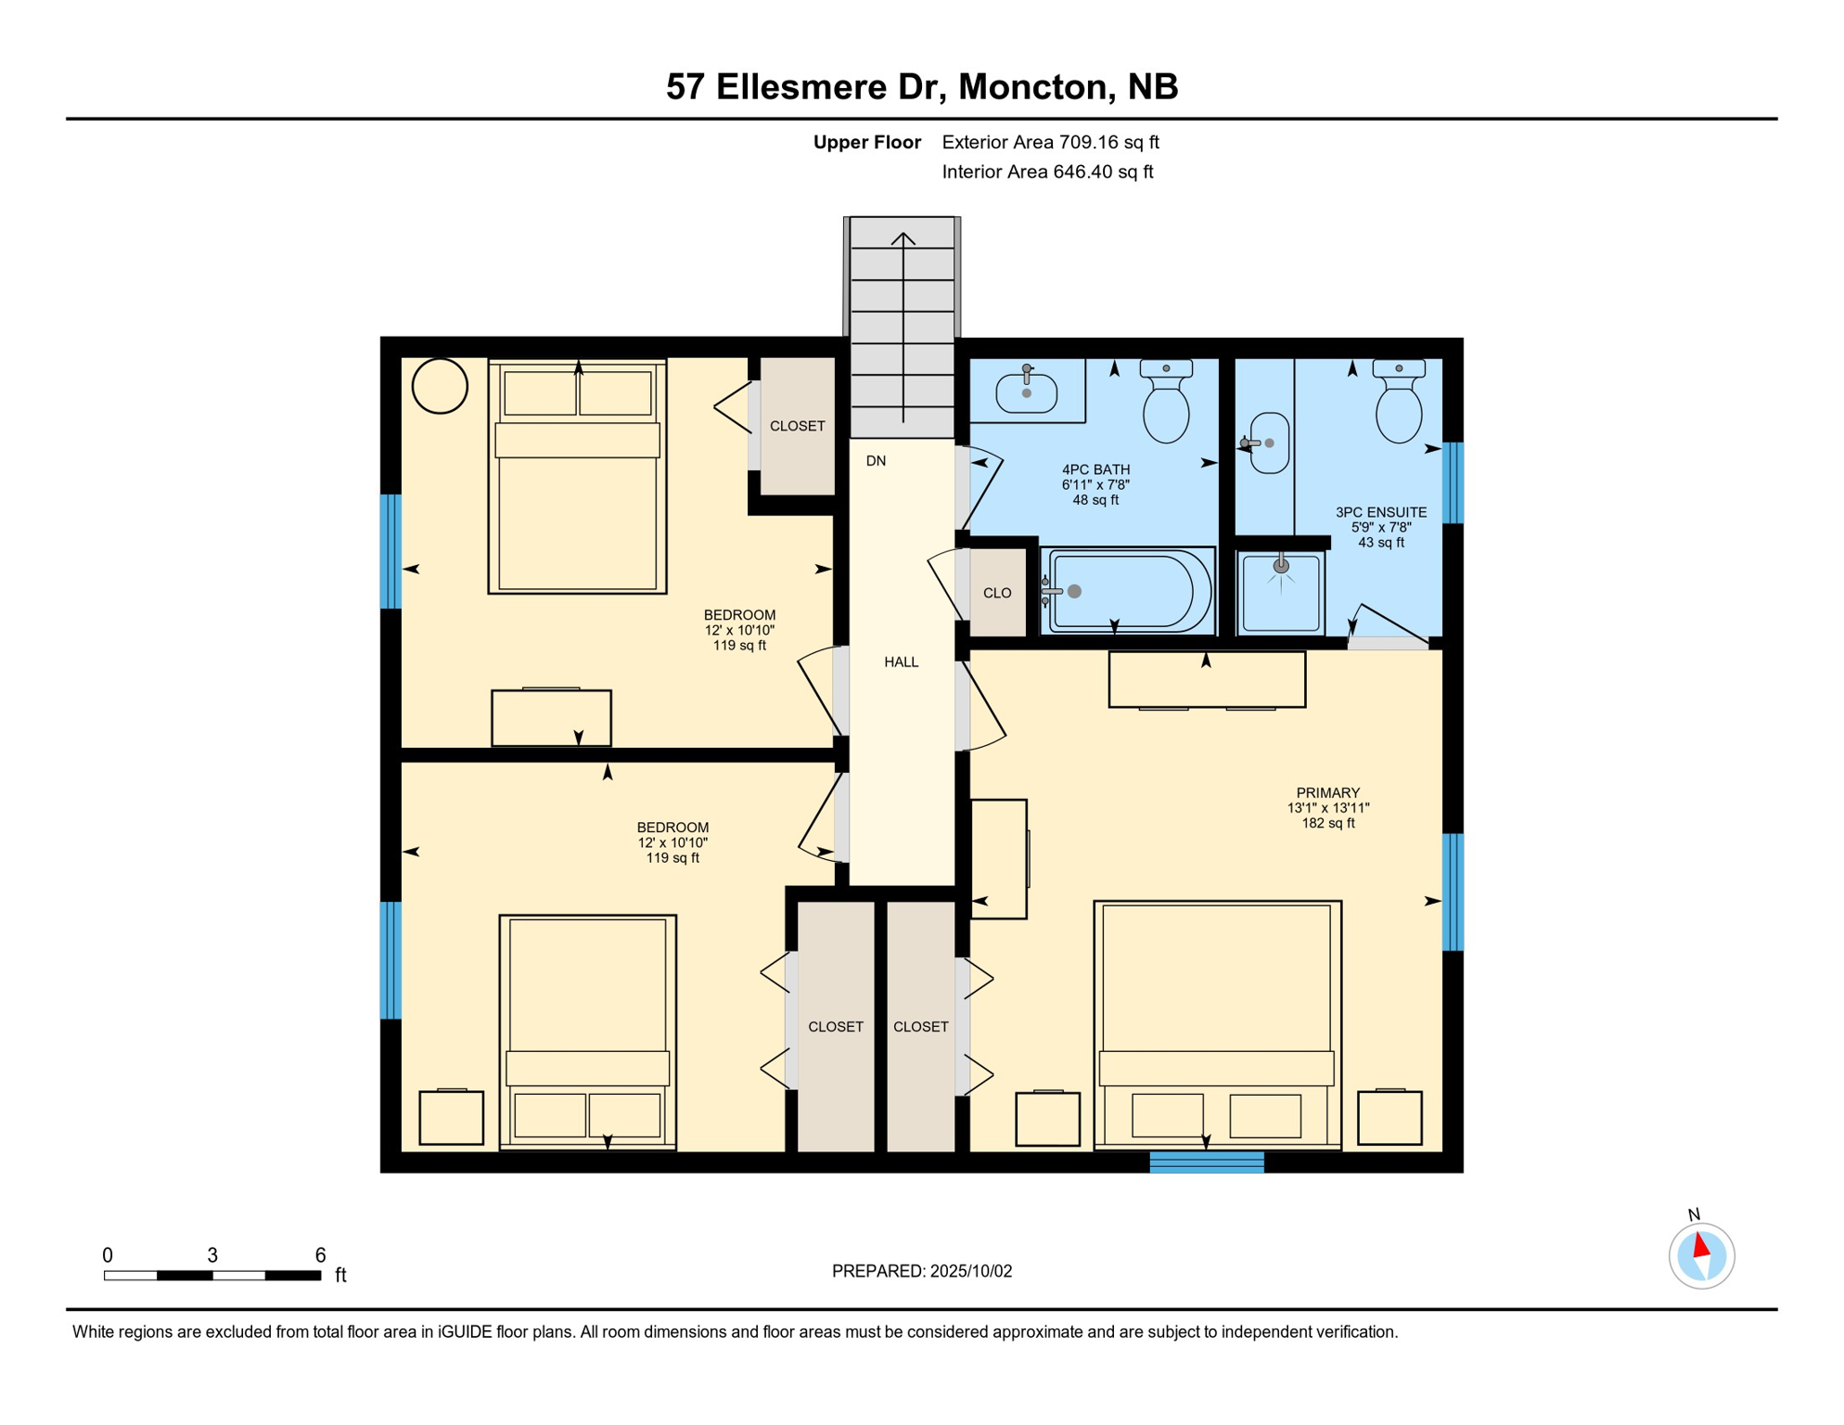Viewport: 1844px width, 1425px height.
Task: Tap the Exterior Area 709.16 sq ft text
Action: click(1050, 142)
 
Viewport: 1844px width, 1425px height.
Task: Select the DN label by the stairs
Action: click(876, 461)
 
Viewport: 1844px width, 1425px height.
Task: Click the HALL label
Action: click(901, 662)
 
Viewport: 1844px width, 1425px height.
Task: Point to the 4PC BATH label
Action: click(1095, 469)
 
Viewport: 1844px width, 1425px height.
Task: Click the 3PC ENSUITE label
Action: click(1380, 512)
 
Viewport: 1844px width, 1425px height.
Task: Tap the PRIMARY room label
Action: click(1327, 793)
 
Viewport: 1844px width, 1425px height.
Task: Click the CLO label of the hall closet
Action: click(997, 594)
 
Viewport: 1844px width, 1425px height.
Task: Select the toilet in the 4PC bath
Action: click(1166, 402)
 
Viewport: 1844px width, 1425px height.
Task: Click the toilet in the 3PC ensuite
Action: click(1399, 402)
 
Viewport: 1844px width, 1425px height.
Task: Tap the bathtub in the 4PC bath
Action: click(1128, 591)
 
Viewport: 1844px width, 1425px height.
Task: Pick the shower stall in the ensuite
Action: click(1280, 592)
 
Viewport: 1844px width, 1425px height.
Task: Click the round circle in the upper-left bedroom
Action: click(440, 386)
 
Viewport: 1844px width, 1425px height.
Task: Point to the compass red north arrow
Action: click(1700, 1244)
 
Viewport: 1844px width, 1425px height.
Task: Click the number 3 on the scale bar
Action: click(212, 1255)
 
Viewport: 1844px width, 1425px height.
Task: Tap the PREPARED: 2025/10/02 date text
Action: click(922, 1271)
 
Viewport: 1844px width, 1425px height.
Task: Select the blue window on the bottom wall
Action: click(1207, 1162)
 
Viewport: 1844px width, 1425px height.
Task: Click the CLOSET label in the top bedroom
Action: click(797, 427)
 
